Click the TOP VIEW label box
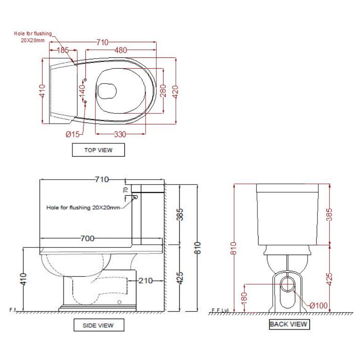pyautogui.click(x=98, y=150)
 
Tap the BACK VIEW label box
pyautogui.click(x=288, y=324)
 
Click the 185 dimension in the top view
pyautogui.click(x=62, y=50)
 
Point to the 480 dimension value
pyautogui.click(x=121, y=50)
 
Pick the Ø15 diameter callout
pyautogui.click(x=73, y=134)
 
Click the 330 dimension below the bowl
pyautogui.click(x=120, y=134)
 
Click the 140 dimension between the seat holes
pyautogui.click(x=82, y=91)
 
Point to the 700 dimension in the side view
pyautogui.click(x=87, y=239)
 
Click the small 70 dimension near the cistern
pyautogui.click(x=126, y=190)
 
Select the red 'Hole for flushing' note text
pyautogui.click(x=33, y=37)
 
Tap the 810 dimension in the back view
pyautogui.click(x=234, y=248)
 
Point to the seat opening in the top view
pyautogui.click(x=107, y=90)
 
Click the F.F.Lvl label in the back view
pyautogui.click(x=220, y=310)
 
